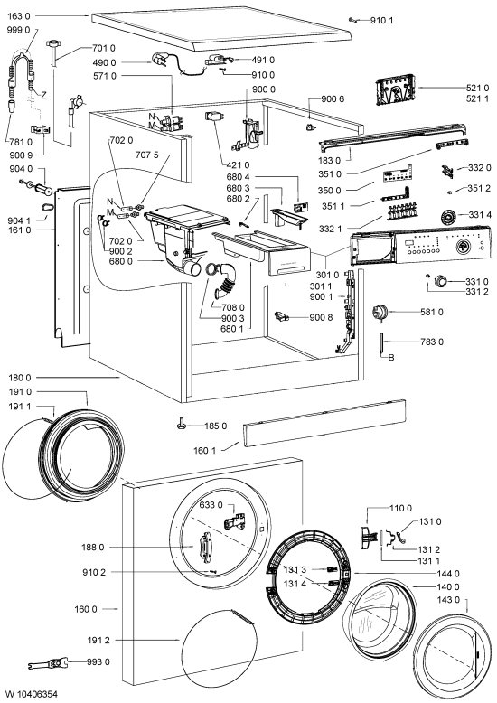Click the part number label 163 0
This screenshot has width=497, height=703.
coord(19,16)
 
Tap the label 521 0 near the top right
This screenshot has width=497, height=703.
coord(477,88)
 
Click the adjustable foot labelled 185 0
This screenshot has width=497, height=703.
coord(182,423)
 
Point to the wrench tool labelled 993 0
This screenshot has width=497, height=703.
coord(48,662)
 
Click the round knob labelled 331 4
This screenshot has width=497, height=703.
coord(448,216)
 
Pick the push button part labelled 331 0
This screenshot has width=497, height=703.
coord(441,282)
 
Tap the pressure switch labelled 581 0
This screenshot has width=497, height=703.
coord(380,312)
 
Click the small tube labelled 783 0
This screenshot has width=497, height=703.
coord(381,343)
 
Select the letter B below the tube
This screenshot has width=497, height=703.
coord(391,358)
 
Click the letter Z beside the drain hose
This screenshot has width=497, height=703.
coord(43,95)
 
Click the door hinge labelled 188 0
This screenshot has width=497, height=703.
coord(206,547)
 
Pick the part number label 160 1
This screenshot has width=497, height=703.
coord(204,450)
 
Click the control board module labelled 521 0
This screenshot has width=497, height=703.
coord(395,91)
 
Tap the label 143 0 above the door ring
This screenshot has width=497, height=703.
coord(448,600)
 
